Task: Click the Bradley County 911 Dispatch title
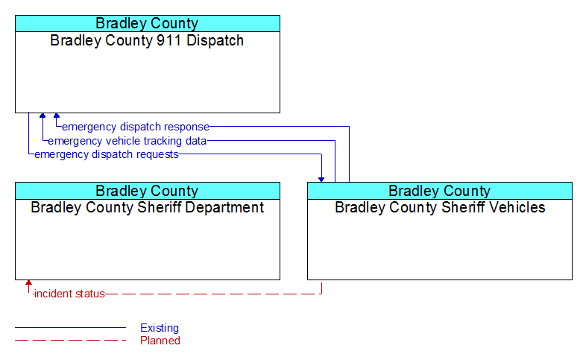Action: [147, 40]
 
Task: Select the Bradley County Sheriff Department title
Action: [147, 207]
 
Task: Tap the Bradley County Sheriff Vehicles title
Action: [440, 207]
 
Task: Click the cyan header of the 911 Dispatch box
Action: [148, 23]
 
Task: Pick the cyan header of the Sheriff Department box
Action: [148, 191]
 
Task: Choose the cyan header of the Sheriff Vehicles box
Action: [440, 191]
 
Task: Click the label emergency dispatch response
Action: [136, 127]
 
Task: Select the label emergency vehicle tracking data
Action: [127, 141]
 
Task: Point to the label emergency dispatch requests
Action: [107, 154]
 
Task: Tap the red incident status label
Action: [69, 294]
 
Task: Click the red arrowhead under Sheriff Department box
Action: [28, 282]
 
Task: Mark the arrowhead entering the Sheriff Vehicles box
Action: [321, 180]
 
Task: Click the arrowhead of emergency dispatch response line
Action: [57, 116]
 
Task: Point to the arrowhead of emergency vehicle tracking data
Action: [42, 116]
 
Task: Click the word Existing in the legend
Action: [160, 328]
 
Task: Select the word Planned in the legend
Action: [160, 341]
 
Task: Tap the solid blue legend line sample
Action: [70, 328]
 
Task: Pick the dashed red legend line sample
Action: [70, 340]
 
